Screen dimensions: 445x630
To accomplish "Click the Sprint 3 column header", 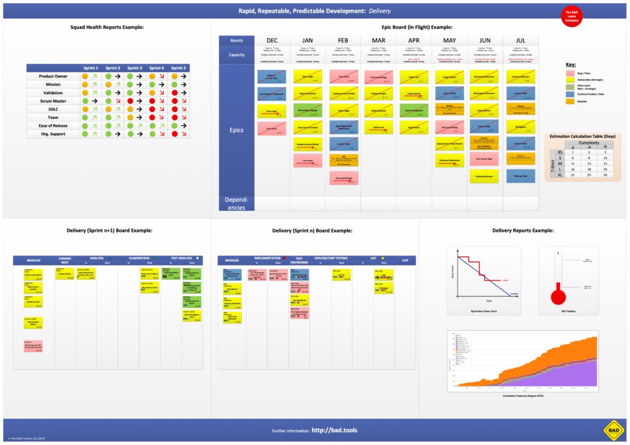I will [x=134, y=68].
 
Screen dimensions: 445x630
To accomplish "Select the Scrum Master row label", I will [x=54, y=101].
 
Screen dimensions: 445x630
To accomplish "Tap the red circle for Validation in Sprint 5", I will [x=174, y=93].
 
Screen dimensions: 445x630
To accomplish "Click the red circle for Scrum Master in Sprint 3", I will [x=130, y=101].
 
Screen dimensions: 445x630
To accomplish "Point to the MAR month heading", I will [x=378, y=41].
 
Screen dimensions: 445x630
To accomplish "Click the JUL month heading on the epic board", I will [x=520, y=41].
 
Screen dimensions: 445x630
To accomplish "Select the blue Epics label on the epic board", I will [x=236, y=130].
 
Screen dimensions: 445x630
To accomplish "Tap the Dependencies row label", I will [x=236, y=203].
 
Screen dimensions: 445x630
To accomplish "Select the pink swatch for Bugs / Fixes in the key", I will [x=570, y=73].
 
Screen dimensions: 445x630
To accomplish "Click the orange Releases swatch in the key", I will [x=570, y=102].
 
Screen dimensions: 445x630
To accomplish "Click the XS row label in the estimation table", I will [x=559, y=152].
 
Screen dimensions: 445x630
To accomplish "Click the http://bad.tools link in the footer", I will [x=335, y=431].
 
